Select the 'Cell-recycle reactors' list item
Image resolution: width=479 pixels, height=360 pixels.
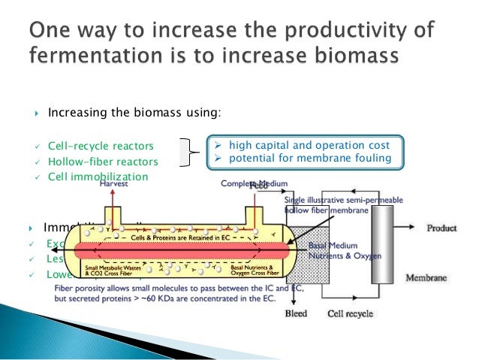click(x=101, y=146)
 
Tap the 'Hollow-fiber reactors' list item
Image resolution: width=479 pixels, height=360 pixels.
click(x=103, y=162)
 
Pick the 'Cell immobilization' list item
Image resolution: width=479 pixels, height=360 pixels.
click(x=98, y=177)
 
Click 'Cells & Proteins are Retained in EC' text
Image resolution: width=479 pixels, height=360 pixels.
click(x=174, y=237)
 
